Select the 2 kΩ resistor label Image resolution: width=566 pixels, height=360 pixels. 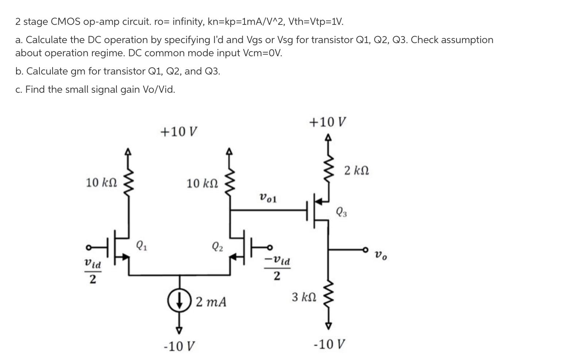click(x=356, y=171)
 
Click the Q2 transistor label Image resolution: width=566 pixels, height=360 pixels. click(x=217, y=247)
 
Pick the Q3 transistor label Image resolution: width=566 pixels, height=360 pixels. click(x=342, y=212)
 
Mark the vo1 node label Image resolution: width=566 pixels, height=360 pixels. click(x=268, y=198)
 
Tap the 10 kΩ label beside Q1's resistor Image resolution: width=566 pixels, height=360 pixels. click(x=101, y=182)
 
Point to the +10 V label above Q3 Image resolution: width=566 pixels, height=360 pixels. click(x=327, y=122)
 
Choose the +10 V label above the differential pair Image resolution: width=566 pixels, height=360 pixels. click(x=179, y=131)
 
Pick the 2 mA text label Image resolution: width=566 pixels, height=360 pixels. click(x=211, y=302)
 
